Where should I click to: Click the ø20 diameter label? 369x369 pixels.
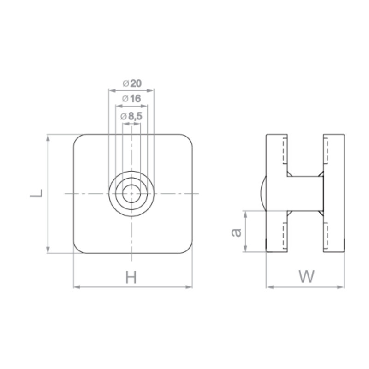(x=132, y=83)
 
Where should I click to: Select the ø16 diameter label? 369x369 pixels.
(x=131, y=99)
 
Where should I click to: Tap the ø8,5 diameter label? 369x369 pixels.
(x=131, y=116)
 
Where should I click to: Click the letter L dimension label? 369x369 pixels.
(x=36, y=193)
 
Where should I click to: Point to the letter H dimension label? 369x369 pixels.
(x=131, y=277)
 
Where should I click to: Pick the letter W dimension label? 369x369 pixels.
(x=306, y=276)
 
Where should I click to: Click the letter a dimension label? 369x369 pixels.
(x=236, y=232)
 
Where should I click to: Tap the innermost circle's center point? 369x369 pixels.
(x=131, y=194)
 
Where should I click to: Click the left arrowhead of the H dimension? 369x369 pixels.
(x=77, y=287)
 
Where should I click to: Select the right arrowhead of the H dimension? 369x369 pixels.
(x=189, y=287)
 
